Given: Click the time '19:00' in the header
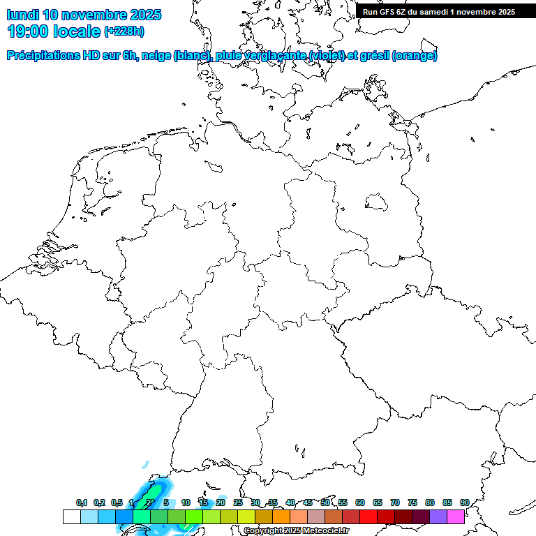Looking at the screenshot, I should (27, 31).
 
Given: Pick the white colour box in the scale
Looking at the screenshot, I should (71, 516).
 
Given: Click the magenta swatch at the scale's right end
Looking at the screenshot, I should (456, 516).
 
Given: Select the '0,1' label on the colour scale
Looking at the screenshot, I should (82, 503).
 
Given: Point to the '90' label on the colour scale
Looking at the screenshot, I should (465, 503).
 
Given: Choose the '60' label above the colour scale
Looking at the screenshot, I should (360, 503).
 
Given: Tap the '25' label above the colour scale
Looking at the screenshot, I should (238, 503).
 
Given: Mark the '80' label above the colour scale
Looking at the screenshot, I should (430, 503).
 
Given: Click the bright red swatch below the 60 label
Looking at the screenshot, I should (368, 516).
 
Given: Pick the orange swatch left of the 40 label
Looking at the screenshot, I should (281, 516).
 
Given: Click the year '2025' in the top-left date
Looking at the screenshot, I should (144, 15).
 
